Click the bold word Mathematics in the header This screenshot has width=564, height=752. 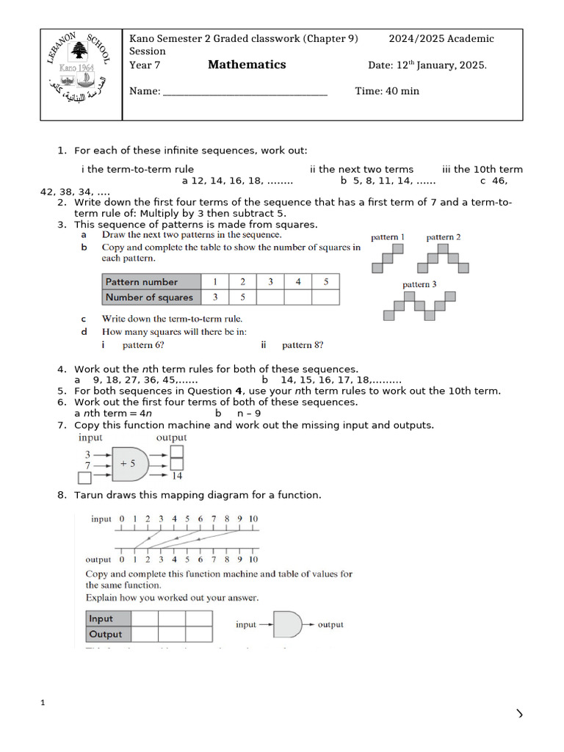[x=247, y=65]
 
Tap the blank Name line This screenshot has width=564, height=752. [x=245, y=92]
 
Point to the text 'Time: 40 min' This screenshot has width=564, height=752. [x=387, y=91]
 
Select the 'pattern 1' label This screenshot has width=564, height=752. [x=388, y=237]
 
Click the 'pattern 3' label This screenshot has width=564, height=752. [x=419, y=284]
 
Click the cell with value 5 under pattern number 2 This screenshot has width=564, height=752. [x=242, y=297]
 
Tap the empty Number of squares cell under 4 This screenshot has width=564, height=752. [x=297, y=297]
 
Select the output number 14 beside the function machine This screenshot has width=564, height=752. [x=177, y=476]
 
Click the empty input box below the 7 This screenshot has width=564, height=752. [x=85, y=478]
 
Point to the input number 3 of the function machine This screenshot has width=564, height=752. [x=87, y=455]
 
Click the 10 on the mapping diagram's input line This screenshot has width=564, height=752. [x=253, y=519]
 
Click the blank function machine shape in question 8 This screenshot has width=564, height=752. [x=287, y=625]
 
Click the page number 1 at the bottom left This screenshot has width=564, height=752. [x=43, y=704]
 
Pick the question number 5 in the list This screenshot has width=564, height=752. [x=62, y=391]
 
